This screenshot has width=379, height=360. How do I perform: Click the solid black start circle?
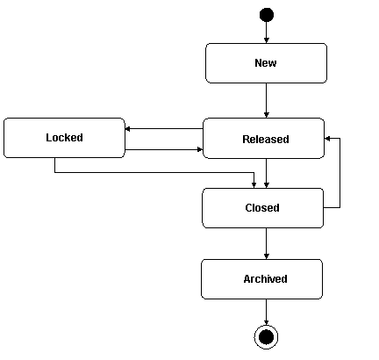click(x=267, y=15)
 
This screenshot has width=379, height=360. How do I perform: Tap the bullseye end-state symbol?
click(x=266, y=336)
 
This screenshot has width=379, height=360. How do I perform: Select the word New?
click(x=266, y=63)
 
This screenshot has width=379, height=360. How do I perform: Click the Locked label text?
click(x=64, y=138)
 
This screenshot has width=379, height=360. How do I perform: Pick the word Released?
click(x=265, y=139)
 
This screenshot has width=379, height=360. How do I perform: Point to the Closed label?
click(x=262, y=208)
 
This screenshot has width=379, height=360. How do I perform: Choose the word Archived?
click(x=265, y=279)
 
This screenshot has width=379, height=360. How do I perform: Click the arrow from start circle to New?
click(x=267, y=32)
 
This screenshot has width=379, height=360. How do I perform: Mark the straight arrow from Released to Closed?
click(x=267, y=173)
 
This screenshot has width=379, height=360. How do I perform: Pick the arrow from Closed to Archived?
click(x=266, y=243)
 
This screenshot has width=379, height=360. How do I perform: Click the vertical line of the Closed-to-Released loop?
click(x=340, y=176)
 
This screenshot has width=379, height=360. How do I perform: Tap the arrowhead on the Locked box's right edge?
click(x=129, y=129)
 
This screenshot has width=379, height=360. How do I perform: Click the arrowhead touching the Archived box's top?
click(x=266, y=256)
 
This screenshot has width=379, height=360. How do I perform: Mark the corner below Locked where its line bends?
click(x=54, y=172)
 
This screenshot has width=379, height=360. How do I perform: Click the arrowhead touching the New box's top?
click(x=267, y=40)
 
